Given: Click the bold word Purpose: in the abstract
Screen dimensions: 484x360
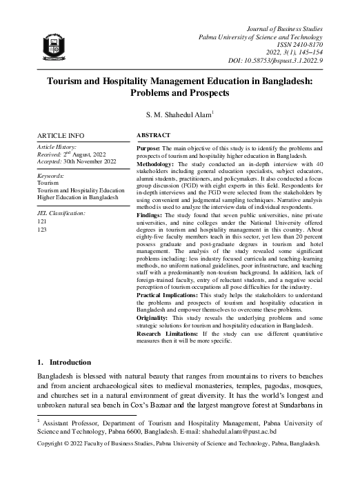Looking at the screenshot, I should click(x=150, y=148).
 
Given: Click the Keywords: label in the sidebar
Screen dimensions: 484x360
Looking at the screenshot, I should click(x=51, y=177).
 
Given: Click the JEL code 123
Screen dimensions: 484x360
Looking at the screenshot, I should click(x=42, y=230).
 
